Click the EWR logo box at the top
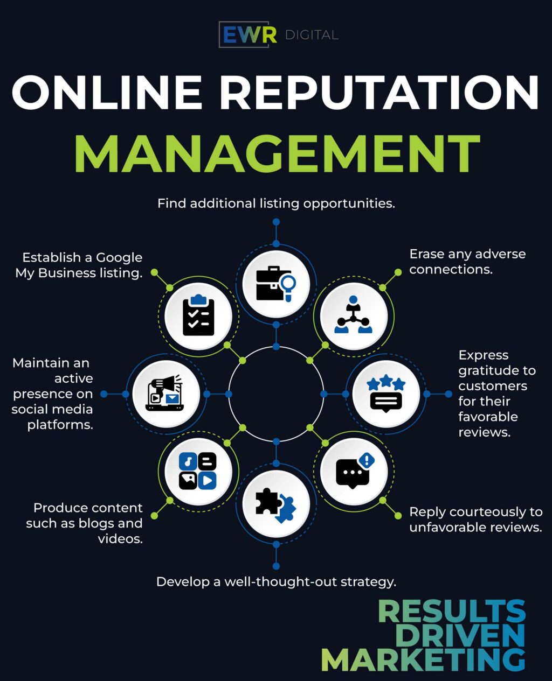click(x=244, y=35)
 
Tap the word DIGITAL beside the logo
click(x=311, y=36)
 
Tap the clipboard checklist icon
click(x=198, y=317)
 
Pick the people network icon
click(x=354, y=316)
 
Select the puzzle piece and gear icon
click(x=276, y=504)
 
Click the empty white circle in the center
click(x=276, y=394)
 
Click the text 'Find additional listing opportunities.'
click(x=276, y=203)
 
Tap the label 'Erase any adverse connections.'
click(x=467, y=262)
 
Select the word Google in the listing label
click(x=119, y=258)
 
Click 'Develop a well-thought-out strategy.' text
click(x=276, y=582)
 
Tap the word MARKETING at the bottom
click(x=423, y=660)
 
